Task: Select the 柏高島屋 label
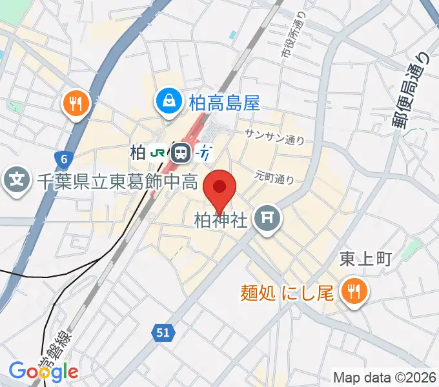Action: tap(224, 101)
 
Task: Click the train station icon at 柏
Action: tap(181, 153)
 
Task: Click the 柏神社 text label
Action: tap(221, 221)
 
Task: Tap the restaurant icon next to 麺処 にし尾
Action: tap(354, 292)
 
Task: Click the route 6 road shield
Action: tap(63, 159)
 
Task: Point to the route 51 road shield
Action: tap(164, 333)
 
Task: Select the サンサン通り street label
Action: tap(274, 136)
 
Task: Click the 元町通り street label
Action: tap(274, 175)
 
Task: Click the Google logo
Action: tap(43, 371)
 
